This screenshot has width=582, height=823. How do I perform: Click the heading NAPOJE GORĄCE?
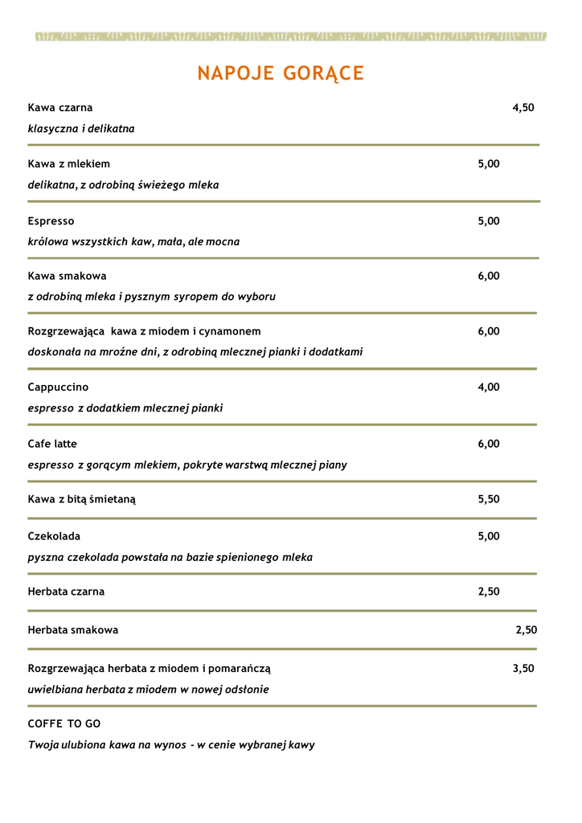point(281,74)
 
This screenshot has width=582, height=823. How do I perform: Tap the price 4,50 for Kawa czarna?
point(523,108)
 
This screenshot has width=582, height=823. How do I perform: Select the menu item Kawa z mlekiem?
point(68,164)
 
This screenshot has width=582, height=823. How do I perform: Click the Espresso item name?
point(51,221)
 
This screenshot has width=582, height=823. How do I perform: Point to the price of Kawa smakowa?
point(489,276)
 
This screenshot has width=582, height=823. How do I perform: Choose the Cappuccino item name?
point(58,387)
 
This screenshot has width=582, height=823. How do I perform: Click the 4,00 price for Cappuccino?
point(489,387)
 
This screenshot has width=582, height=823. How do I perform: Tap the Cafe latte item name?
point(52,444)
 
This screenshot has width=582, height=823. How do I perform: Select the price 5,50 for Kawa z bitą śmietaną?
point(489,499)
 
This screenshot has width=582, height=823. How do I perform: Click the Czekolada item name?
point(54,536)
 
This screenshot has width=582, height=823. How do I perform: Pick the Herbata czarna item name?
point(66,592)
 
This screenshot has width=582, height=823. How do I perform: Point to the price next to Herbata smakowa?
point(526,630)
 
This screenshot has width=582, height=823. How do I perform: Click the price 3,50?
point(523,668)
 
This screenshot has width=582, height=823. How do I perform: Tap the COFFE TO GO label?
point(64,724)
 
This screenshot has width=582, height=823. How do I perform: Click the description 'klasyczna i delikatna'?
point(81,129)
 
